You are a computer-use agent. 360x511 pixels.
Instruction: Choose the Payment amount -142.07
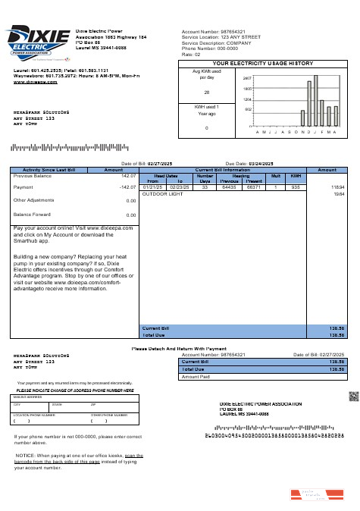pos(125,187)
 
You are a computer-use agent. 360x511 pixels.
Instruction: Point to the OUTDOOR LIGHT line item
pos(163,194)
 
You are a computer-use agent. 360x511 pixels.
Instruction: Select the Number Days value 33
pos(205,187)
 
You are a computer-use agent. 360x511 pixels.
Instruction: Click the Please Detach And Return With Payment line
pos(179,349)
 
